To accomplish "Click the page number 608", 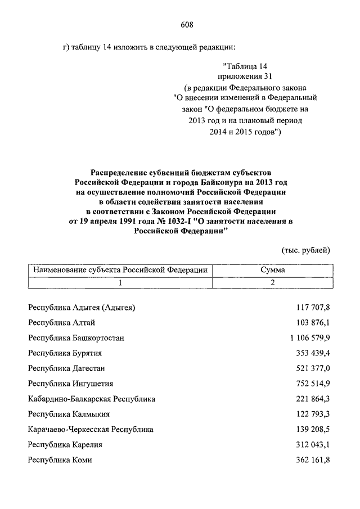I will point(187,24).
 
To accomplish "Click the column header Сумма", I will point(272,270).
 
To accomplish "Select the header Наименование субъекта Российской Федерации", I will point(120,270).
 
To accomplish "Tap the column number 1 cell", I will point(120,282).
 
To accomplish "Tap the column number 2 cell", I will point(272,282).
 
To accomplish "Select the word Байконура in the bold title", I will point(220,182).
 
